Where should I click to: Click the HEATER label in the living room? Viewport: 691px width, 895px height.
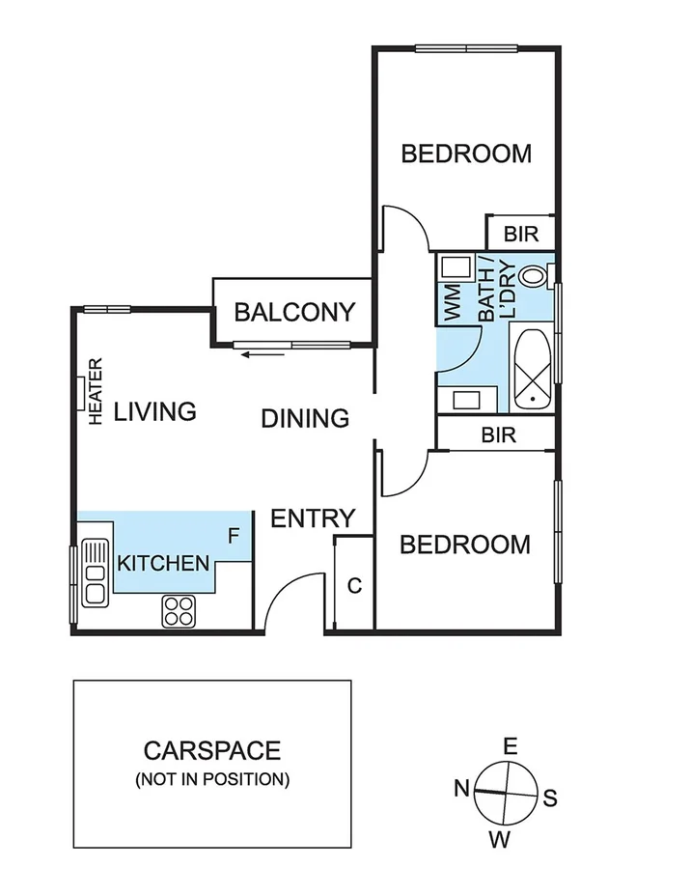tap(96, 391)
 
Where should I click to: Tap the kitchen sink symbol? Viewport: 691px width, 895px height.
tap(95, 572)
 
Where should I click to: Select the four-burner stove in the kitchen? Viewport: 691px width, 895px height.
tap(179, 610)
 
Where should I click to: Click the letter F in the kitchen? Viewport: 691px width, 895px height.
tap(233, 534)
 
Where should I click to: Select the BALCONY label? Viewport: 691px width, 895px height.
tap(294, 313)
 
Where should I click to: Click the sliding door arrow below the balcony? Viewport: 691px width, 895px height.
tap(263, 354)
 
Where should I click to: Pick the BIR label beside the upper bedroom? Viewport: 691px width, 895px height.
tap(521, 235)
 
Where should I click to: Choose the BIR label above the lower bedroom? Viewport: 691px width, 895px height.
tap(498, 435)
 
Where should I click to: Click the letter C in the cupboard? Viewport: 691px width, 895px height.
tap(354, 585)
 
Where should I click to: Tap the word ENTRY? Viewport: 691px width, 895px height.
tap(313, 518)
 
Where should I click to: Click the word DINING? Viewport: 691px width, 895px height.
tap(305, 418)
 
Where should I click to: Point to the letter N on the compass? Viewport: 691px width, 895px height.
tap(462, 788)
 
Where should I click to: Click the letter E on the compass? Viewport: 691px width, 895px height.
tap(511, 745)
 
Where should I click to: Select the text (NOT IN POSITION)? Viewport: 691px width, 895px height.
tap(212, 778)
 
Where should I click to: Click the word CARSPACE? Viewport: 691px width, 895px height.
tap(212, 750)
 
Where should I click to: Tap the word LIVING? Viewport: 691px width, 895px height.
tap(155, 411)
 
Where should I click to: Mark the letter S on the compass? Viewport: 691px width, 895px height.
tap(550, 797)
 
